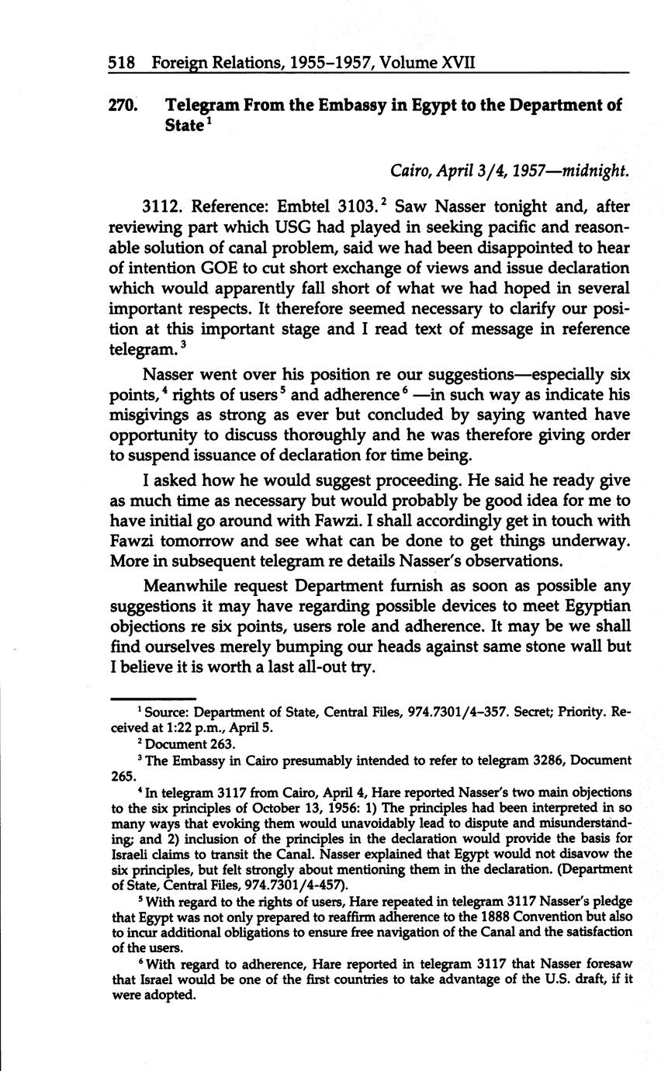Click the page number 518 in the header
point(123,62)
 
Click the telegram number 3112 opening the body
point(161,207)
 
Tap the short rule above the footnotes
point(154,699)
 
